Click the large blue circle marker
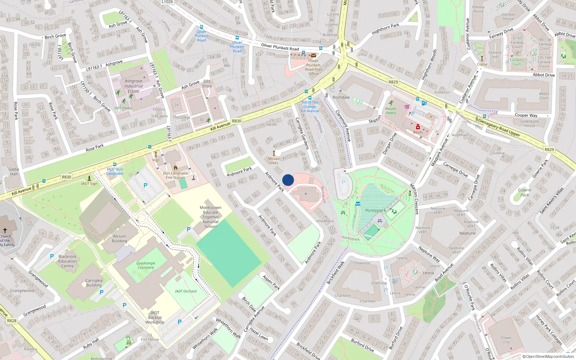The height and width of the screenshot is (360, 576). [288, 180]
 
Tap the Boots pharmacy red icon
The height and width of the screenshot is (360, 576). [418, 127]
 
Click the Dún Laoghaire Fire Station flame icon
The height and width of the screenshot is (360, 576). [176, 168]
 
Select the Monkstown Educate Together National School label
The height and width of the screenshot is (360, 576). [211, 217]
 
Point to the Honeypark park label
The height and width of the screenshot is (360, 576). [375, 211]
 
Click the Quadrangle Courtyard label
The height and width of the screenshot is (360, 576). [146, 265]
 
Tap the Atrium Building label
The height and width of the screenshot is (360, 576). [120, 239]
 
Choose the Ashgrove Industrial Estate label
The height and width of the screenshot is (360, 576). [134, 86]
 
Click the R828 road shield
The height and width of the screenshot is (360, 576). [12, 320]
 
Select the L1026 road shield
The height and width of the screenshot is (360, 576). [167, 2]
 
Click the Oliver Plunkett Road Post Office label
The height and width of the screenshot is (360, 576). [313, 67]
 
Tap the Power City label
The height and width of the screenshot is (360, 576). [506, 340]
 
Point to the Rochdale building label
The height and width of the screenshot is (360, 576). [341, 98]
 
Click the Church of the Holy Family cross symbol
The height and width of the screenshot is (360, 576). [5, 230]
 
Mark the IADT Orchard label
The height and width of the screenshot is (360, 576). [186, 291]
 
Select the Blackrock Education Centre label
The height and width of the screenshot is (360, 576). [67, 261]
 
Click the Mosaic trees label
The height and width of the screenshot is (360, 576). [274, 161]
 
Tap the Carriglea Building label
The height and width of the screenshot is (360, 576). [94, 283]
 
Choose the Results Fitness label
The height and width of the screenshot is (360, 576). [391, 111]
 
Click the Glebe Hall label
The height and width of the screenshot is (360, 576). [14, 171]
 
